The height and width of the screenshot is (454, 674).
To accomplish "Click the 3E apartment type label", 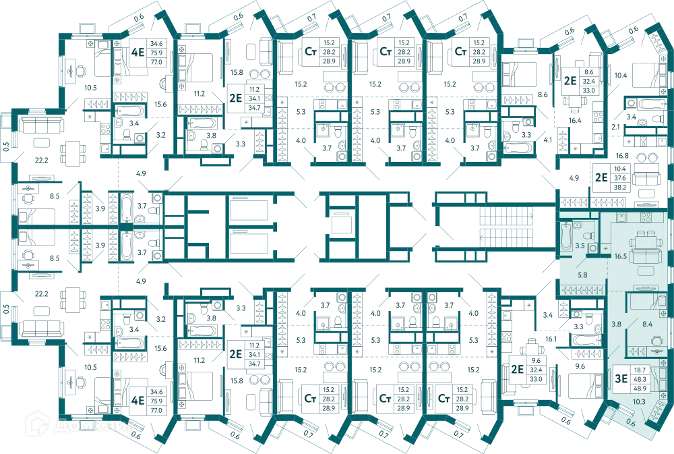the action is pyautogui.click(x=621, y=378).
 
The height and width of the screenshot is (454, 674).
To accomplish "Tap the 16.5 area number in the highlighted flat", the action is pyautogui.click(x=620, y=256).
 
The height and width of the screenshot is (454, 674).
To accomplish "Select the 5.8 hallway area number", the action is pyautogui.click(x=582, y=275).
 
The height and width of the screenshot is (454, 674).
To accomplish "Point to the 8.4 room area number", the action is pyautogui.click(x=647, y=324).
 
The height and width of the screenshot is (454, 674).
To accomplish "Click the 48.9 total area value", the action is pyautogui.click(x=640, y=388).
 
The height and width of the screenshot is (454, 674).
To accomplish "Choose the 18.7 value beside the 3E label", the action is pyautogui.click(x=640, y=370).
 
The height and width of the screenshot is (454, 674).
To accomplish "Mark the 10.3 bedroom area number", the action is pyautogui.click(x=639, y=401).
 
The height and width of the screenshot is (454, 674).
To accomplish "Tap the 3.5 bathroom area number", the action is pyautogui.click(x=580, y=246).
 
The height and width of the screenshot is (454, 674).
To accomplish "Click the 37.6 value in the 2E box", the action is pyautogui.click(x=620, y=177).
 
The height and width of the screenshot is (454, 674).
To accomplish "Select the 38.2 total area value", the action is pyautogui.click(x=620, y=187).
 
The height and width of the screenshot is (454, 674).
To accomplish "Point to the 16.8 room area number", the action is pyautogui.click(x=622, y=156).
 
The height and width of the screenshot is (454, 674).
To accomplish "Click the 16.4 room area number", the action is pyautogui.click(x=575, y=121).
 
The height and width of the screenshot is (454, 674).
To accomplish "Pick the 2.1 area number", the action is pyautogui.click(x=615, y=127).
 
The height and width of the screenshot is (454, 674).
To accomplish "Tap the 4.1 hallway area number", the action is pyautogui.click(x=547, y=140).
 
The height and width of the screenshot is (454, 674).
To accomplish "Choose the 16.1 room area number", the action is pyautogui.click(x=551, y=339).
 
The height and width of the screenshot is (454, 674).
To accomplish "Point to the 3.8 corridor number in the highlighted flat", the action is pyautogui.click(x=616, y=324).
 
